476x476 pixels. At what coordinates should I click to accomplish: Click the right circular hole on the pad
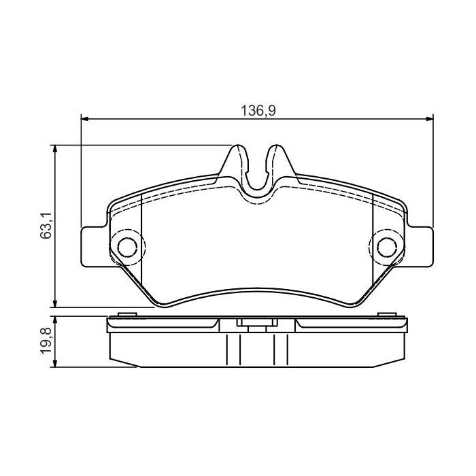386,246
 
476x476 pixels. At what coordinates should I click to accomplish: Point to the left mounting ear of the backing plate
94,246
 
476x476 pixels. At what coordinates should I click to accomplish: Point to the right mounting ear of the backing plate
420,246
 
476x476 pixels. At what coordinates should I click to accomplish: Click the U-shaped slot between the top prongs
257,178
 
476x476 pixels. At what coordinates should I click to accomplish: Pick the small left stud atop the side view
125,314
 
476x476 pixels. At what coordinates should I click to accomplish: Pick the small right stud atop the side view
388,314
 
